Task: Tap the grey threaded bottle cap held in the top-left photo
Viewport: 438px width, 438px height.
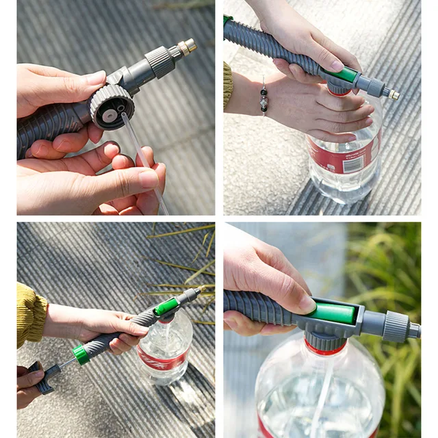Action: (112, 107)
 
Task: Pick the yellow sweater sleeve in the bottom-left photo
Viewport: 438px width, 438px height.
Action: (30, 315)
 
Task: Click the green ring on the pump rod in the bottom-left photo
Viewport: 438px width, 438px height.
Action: (81, 354)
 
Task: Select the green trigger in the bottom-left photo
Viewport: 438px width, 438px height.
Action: (166, 306)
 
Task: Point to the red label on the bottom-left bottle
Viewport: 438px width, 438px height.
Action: (160, 359)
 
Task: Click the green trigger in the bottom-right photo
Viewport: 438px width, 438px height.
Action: (335, 313)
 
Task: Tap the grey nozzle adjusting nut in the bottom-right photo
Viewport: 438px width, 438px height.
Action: (396, 326)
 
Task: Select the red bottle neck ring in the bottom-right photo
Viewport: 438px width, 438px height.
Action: (326, 349)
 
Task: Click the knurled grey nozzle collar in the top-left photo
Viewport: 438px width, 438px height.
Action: (162, 62)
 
